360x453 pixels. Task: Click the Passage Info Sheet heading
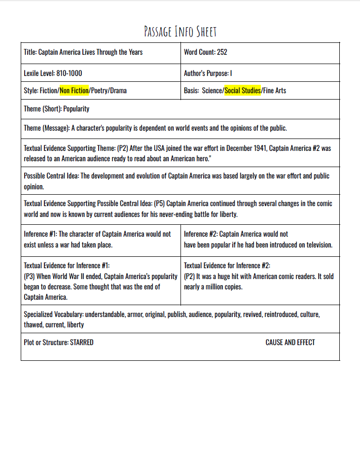(x=180, y=32)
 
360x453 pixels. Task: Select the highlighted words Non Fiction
(x=74, y=91)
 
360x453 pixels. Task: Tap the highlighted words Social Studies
(x=243, y=91)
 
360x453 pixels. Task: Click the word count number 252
(x=222, y=52)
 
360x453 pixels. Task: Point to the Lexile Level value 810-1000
(x=69, y=73)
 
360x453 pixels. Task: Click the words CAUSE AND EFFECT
(x=290, y=343)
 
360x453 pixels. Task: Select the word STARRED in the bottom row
(x=81, y=343)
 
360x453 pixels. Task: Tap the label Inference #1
(x=40, y=234)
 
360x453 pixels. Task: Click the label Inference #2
(x=200, y=234)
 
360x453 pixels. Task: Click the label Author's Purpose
(x=206, y=73)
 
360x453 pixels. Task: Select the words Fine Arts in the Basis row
(x=275, y=91)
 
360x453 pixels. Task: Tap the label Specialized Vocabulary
(x=53, y=314)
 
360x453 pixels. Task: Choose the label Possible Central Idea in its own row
(x=52, y=176)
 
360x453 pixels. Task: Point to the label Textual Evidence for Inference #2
(x=227, y=266)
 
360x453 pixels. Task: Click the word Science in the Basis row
(x=212, y=91)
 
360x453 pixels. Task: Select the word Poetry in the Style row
(x=99, y=91)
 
